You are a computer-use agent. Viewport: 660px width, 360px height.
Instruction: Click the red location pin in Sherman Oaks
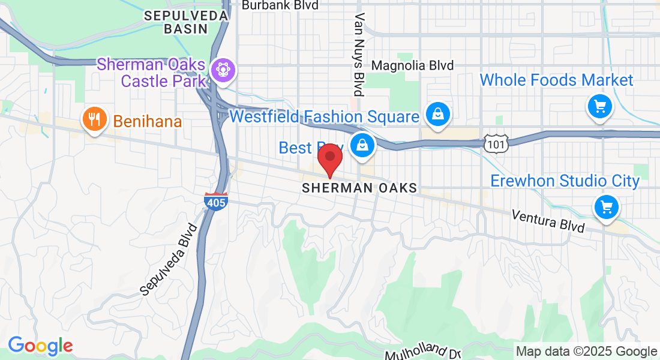pyautogui.click(x=329, y=158)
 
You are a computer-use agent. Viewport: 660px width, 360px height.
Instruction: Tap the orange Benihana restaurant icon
pyautogui.click(x=94, y=119)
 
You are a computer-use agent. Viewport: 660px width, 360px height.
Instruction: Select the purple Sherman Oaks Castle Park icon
pyautogui.click(x=223, y=70)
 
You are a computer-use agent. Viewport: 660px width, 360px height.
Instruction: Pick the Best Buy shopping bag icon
pyautogui.click(x=362, y=145)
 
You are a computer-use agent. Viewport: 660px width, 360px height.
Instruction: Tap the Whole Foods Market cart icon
pyautogui.click(x=599, y=107)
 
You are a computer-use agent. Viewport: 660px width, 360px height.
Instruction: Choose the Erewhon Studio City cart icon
pyautogui.click(x=606, y=208)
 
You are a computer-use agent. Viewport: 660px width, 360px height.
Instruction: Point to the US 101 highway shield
pyautogui.click(x=497, y=143)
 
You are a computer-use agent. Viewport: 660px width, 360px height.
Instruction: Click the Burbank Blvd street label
pyautogui.click(x=280, y=5)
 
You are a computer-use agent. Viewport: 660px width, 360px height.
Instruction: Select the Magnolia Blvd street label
pyautogui.click(x=413, y=65)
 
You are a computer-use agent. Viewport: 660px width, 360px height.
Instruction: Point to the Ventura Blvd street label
pyautogui.click(x=548, y=221)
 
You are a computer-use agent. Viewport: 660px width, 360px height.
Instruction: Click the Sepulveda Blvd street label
pyautogui.click(x=169, y=259)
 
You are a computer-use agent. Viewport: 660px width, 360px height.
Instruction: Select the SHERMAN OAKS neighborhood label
pyautogui.click(x=359, y=188)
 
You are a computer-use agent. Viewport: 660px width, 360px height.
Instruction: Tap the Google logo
pyautogui.click(x=40, y=346)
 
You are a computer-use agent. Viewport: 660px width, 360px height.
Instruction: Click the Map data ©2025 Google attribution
pyautogui.click(x=587, y=352)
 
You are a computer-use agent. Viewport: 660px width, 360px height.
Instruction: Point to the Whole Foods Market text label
pyautogui.click(x=556, y=80)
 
